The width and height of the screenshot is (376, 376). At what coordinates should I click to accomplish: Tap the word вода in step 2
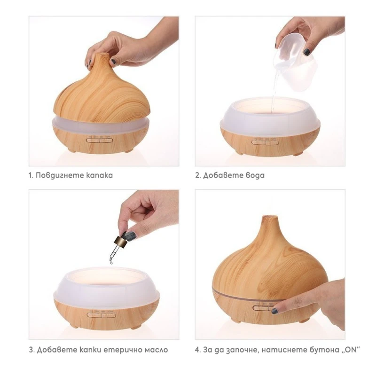[x=255, y=175]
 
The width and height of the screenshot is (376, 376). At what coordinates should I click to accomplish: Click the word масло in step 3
[x=156, y=350]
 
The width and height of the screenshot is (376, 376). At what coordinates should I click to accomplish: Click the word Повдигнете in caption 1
[x=60, y=175]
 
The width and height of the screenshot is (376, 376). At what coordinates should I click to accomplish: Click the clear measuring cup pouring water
[x=295, y=60]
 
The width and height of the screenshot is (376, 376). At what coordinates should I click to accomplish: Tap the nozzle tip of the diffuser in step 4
[x=269, y=217]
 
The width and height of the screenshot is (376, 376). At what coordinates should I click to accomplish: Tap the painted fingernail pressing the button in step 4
[x=275, y=311]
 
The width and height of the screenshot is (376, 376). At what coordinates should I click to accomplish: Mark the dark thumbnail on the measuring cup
[x=307, y=52]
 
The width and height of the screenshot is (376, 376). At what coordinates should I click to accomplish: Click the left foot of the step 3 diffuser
[x=74, y=326]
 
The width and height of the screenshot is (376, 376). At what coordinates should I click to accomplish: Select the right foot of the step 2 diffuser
[x=297, y=154]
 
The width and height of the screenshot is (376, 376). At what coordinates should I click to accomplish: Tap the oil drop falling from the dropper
[x=111, y=262]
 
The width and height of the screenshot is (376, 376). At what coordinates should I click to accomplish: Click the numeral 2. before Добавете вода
[x=198, y=175]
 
